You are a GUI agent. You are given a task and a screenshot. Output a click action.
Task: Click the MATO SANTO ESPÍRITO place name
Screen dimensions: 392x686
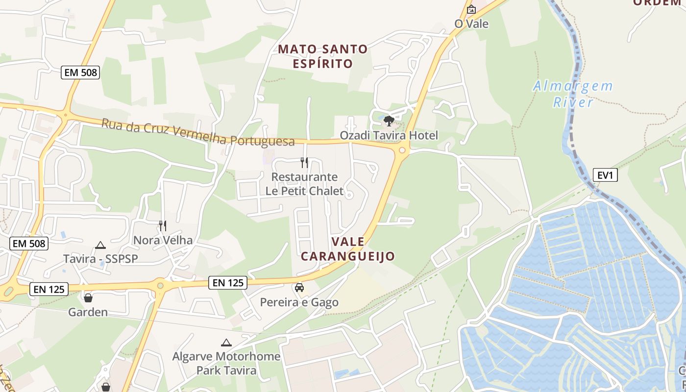pyautogui.click(x=322, y=56)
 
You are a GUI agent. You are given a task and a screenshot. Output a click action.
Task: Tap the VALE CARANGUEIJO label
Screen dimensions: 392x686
pyautogui.click(x=347, y=249)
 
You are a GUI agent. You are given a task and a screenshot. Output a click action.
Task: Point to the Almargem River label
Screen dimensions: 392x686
pyautogui.click(x=573, y=94)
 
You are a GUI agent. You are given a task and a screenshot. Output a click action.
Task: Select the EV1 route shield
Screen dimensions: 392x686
pyautogui.click(x=605, y=175)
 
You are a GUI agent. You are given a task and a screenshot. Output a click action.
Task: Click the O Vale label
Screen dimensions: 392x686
pyautogui.click(x=471, y=24)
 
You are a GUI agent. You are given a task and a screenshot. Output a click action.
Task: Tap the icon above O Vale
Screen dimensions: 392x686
pyautogui.click(x=471, y=9)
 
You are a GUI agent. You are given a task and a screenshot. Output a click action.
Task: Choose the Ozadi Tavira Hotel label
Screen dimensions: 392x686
pyautogui.click(x=389, y=135)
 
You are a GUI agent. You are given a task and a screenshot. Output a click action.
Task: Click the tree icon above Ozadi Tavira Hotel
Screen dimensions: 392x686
pyautogui.click(x=389, y=121)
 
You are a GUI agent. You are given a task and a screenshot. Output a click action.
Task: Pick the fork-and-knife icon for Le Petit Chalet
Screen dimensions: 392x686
pyautogui.click(x=304, y=162)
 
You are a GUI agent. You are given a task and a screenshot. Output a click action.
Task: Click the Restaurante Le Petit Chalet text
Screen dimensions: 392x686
pyautogui.click(x=304, y=184)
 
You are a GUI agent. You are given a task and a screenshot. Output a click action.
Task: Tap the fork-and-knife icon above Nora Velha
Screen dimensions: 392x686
pyautogui.click(x=163, y=226)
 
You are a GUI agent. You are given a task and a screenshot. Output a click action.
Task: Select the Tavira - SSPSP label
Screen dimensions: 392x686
pyautogui.click(x=100, y=258)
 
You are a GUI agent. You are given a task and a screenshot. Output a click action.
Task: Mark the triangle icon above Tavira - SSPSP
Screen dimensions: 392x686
pyautogui.click(x=100, y=245)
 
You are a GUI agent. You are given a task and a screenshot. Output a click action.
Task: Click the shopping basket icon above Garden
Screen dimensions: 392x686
pyautogui.click(x=88, y=297)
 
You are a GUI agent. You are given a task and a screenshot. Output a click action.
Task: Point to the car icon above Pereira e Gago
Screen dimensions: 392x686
pyautogui.click(x=299, y=288)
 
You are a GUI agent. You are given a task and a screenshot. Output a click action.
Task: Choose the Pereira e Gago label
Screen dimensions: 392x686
pyautogui.click(x=299, y=302)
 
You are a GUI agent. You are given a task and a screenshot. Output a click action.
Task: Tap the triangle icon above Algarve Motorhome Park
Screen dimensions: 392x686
pyautogui.click(x=226, y=343)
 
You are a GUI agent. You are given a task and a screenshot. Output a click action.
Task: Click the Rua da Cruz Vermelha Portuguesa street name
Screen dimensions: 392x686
pyautogui.click(x=198, y=132)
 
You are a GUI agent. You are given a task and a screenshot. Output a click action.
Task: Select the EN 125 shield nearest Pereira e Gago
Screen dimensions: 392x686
pyautogui.click(x=227, y=282)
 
